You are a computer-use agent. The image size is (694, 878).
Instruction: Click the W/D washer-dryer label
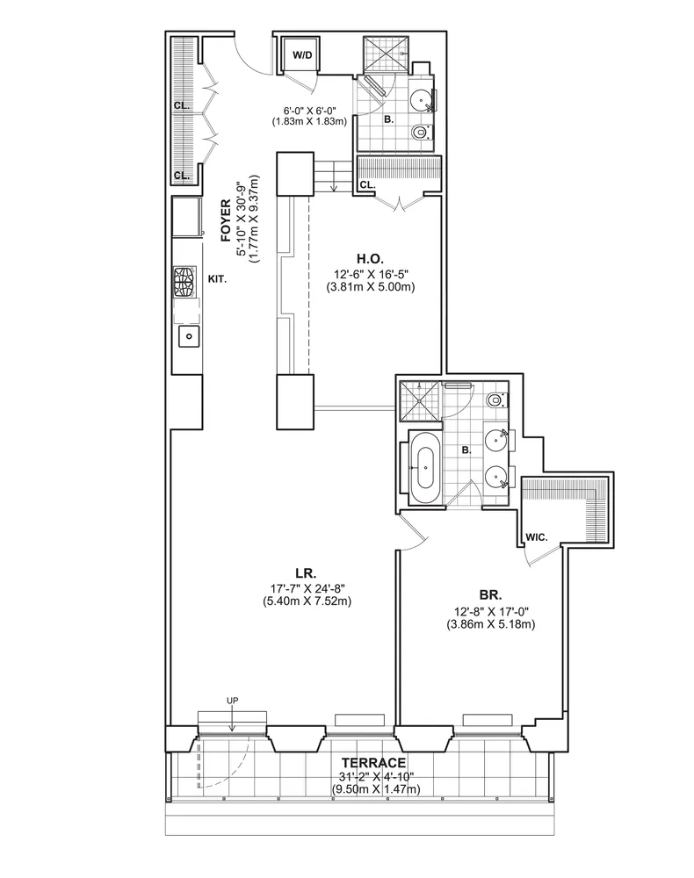302,54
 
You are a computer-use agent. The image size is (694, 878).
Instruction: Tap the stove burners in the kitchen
185,282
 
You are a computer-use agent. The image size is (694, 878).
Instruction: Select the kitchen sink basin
190,336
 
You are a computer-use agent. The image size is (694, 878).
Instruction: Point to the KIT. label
217,279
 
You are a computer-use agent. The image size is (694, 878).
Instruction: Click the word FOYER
226,220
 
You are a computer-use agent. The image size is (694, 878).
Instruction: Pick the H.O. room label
370,259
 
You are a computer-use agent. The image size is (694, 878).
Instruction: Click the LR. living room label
306,573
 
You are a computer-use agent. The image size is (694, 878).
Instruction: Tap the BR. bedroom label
490,594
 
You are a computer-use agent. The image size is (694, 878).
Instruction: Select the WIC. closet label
536,537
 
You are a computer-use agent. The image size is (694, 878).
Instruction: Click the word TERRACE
373,763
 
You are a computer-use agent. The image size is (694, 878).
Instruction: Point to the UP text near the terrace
232,701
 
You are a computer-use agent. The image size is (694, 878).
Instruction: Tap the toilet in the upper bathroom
420,133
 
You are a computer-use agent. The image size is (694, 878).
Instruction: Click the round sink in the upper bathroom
419,101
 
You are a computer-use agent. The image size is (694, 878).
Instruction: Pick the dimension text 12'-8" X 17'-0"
491,612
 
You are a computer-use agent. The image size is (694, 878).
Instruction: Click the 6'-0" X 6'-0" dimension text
309,111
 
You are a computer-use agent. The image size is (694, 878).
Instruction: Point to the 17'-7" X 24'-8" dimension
307,588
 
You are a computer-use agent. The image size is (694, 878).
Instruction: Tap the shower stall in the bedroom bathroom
420,401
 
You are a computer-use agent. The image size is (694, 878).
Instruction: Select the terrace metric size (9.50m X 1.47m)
375,789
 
